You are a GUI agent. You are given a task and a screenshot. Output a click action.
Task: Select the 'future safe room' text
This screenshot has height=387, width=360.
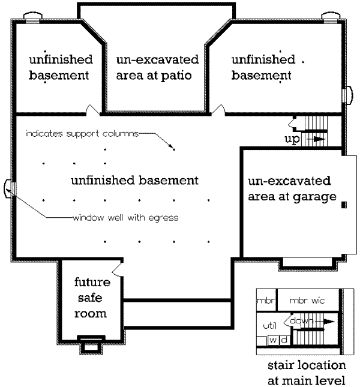pyautogui.click(x=91, y=298)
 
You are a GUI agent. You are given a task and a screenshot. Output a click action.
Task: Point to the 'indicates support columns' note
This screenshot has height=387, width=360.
pyautogui.click(x=82, y=133)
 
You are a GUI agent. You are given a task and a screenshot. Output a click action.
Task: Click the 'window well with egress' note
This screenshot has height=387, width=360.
pyautogui.click(x=125, y=218)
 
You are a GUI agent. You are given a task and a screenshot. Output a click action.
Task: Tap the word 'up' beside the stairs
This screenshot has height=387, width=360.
pyautogui.click(x=292, y=139)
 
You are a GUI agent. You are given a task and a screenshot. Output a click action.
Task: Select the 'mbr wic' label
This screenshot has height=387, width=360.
pyautogui.click(x=307, y=300)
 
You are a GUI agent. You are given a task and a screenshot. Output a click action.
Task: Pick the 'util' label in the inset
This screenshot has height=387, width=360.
pyautogui.click(x=269, y=326)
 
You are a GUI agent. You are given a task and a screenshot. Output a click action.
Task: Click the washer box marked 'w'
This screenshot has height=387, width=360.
pyautogui.click(x=272, y=340)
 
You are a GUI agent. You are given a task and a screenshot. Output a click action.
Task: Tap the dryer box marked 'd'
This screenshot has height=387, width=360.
pyautogui.click(x=284, y=340)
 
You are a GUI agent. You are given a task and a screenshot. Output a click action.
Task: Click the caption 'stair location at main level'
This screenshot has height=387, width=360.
pyautogui.click(x=307, y=373)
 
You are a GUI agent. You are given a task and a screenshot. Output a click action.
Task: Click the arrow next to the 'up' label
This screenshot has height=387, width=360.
pyautogui.click(x=317, y=139)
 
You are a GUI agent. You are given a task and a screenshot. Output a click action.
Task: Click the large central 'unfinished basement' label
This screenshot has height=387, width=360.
pyautogui.click(x=134, y=180)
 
